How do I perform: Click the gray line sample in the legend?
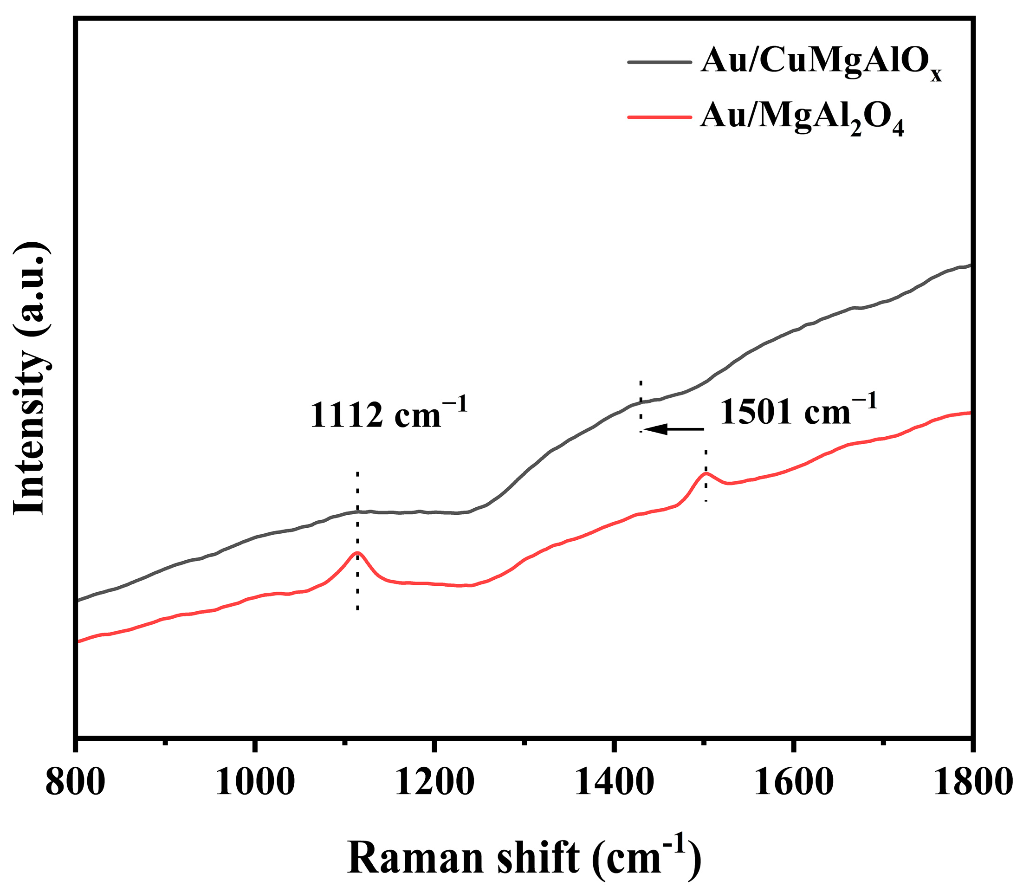(x=659, y=62)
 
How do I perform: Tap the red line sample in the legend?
(x=659, y=116)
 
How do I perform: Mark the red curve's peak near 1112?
(x=357, y=552)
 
